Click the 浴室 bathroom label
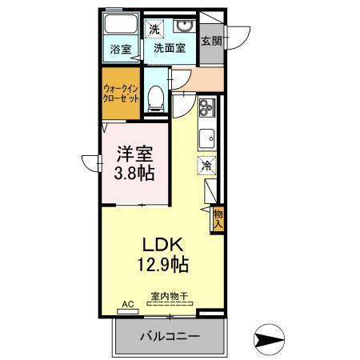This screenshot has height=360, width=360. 122,47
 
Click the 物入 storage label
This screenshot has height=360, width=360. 217,218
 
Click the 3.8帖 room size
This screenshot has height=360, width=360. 133,172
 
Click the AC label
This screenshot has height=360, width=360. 125,305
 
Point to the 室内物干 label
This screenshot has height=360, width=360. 169,296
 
